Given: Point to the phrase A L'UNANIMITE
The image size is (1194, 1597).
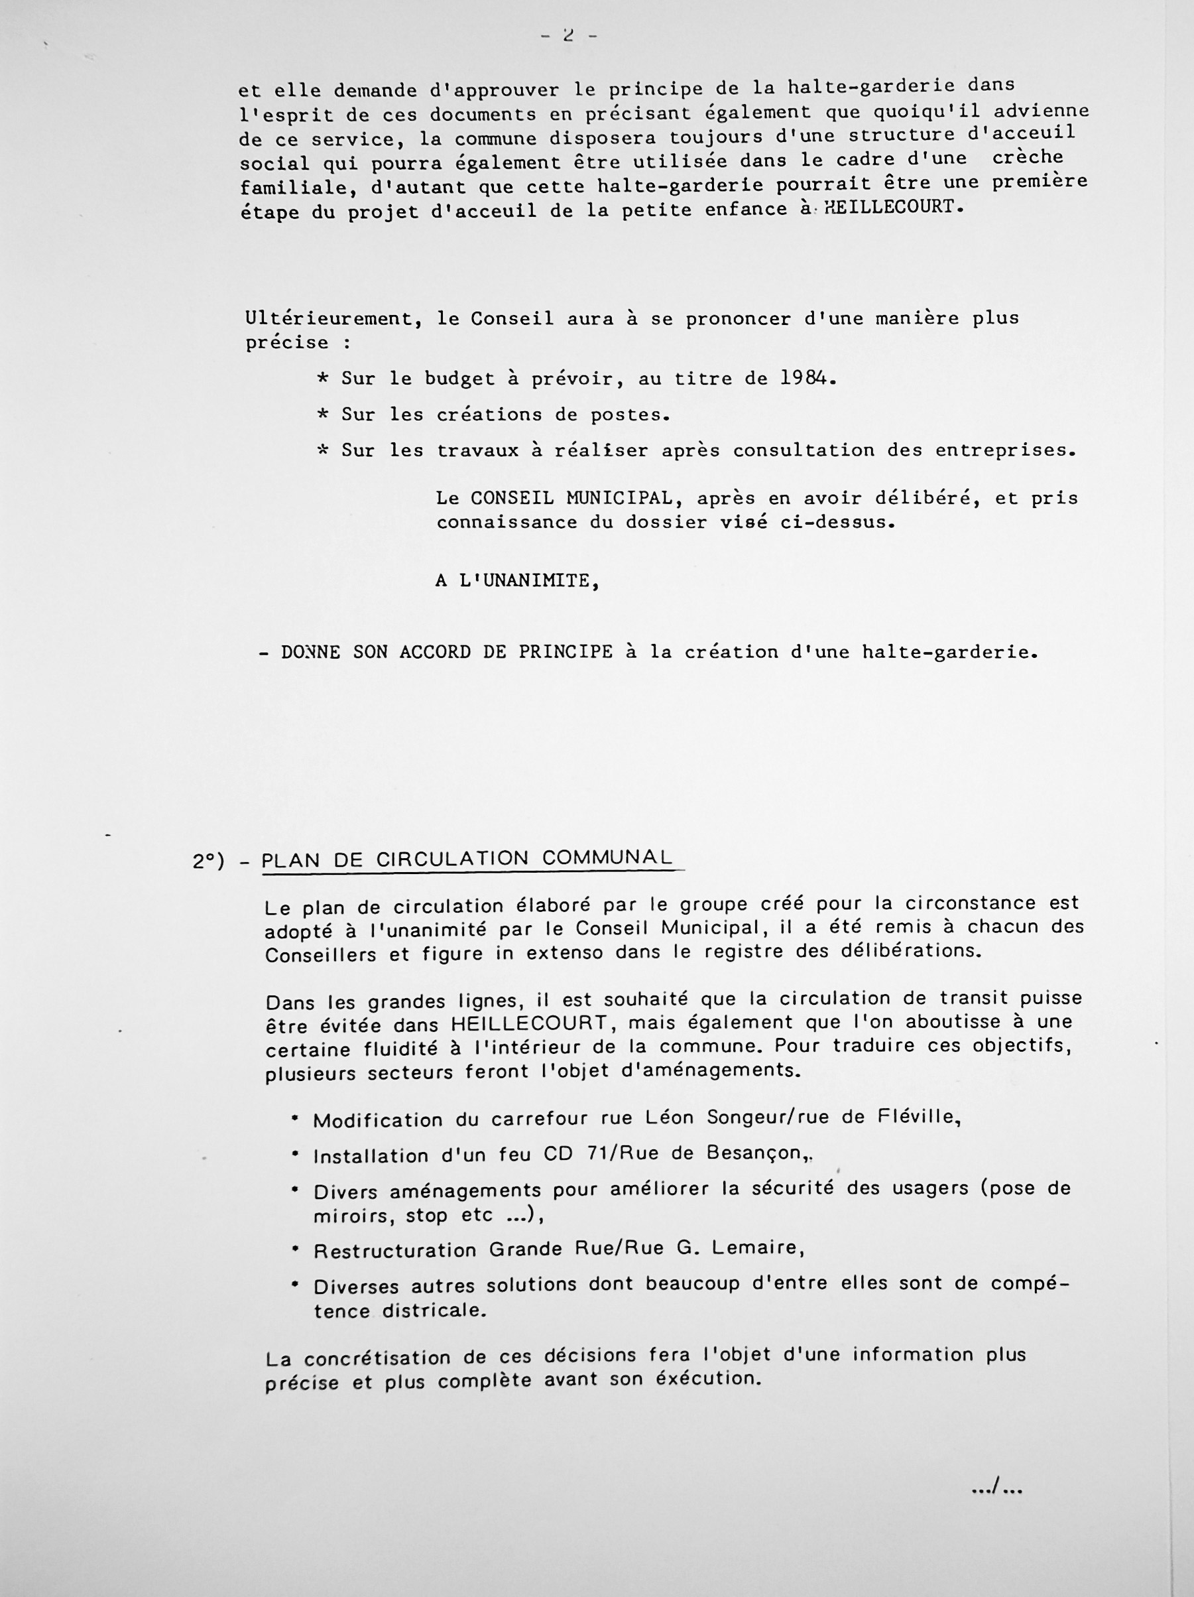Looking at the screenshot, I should click(517, 581).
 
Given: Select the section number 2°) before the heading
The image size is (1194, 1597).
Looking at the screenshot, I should click(209, 862).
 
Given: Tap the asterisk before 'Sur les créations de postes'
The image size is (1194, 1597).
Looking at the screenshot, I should click(323, 415).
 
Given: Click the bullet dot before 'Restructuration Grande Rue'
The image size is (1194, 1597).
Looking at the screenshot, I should click(294, 1247).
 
